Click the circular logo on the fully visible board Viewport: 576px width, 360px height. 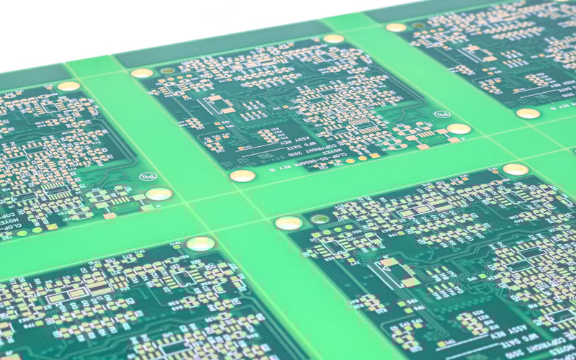(441, 114)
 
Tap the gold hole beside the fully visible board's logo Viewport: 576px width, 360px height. (459, 129)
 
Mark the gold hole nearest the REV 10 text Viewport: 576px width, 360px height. (242, 176)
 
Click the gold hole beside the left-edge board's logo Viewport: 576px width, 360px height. (158, 194)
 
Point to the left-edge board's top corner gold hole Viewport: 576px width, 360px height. (68, 86)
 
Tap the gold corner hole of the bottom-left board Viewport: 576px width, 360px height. (200, 243)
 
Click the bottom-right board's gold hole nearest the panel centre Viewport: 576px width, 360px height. (288, 223)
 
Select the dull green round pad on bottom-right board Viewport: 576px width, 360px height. (319, 219)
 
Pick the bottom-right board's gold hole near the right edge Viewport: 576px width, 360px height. (516, 169)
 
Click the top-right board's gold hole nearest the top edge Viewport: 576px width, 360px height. (396, 27)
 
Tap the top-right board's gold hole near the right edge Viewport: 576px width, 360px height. (528, 113)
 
